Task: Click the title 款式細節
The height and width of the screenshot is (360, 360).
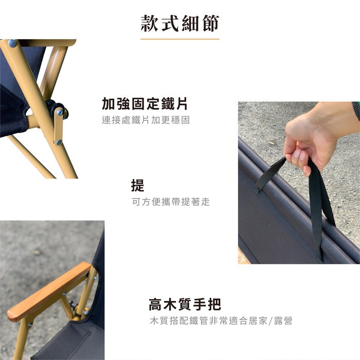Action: (180, 23)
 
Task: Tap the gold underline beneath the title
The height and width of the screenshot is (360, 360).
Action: (180, 39)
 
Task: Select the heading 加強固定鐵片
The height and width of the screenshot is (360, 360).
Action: (145, 103)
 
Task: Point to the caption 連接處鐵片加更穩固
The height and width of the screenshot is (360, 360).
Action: (146, 120)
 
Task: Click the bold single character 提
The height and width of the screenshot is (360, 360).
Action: (137, 185)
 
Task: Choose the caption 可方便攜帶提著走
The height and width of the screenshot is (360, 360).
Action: (171, 202)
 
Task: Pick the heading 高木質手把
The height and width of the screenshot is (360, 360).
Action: (185, 304)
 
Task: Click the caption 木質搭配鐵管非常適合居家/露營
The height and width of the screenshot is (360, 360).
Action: (221, 320)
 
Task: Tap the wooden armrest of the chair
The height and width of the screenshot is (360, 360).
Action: (49, 291)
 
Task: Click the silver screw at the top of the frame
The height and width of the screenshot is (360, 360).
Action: (12, 43)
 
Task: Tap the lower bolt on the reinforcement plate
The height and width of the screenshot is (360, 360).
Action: (59, 142)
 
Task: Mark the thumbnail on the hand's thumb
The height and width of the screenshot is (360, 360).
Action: (298, 153)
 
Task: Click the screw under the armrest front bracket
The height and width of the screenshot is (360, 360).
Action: (30, 325)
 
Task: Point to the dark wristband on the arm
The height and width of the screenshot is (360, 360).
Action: (356, 110)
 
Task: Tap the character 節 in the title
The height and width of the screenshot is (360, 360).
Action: (211, 23)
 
